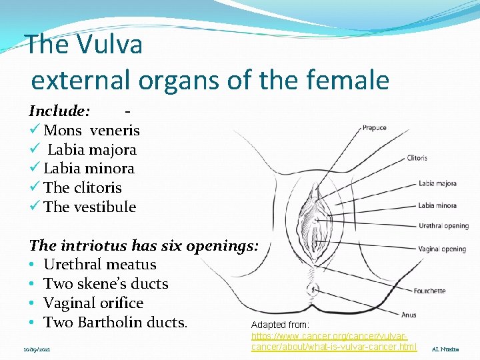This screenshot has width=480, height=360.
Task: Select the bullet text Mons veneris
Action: point(91,131)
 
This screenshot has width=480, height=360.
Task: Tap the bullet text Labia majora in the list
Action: point(91,150)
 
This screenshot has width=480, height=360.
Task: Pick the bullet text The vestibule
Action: point(89,207)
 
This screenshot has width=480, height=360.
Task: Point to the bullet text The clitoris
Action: point(83,188)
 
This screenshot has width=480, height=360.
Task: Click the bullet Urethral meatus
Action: point(99,265)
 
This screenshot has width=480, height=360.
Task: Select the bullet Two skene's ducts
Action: point(105,284)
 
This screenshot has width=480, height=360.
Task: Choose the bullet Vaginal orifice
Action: point(93,303)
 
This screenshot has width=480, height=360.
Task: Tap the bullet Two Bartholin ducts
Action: point(115,323)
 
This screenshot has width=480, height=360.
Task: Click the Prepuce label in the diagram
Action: point(374,128)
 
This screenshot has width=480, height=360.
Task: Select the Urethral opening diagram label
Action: point(443,226)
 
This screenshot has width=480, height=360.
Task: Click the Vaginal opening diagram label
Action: point(442,249)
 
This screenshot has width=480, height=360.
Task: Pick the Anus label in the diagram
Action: point(409,315)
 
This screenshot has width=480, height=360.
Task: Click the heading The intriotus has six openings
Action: point(143,245)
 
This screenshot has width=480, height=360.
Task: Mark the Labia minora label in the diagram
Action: point(437,205)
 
